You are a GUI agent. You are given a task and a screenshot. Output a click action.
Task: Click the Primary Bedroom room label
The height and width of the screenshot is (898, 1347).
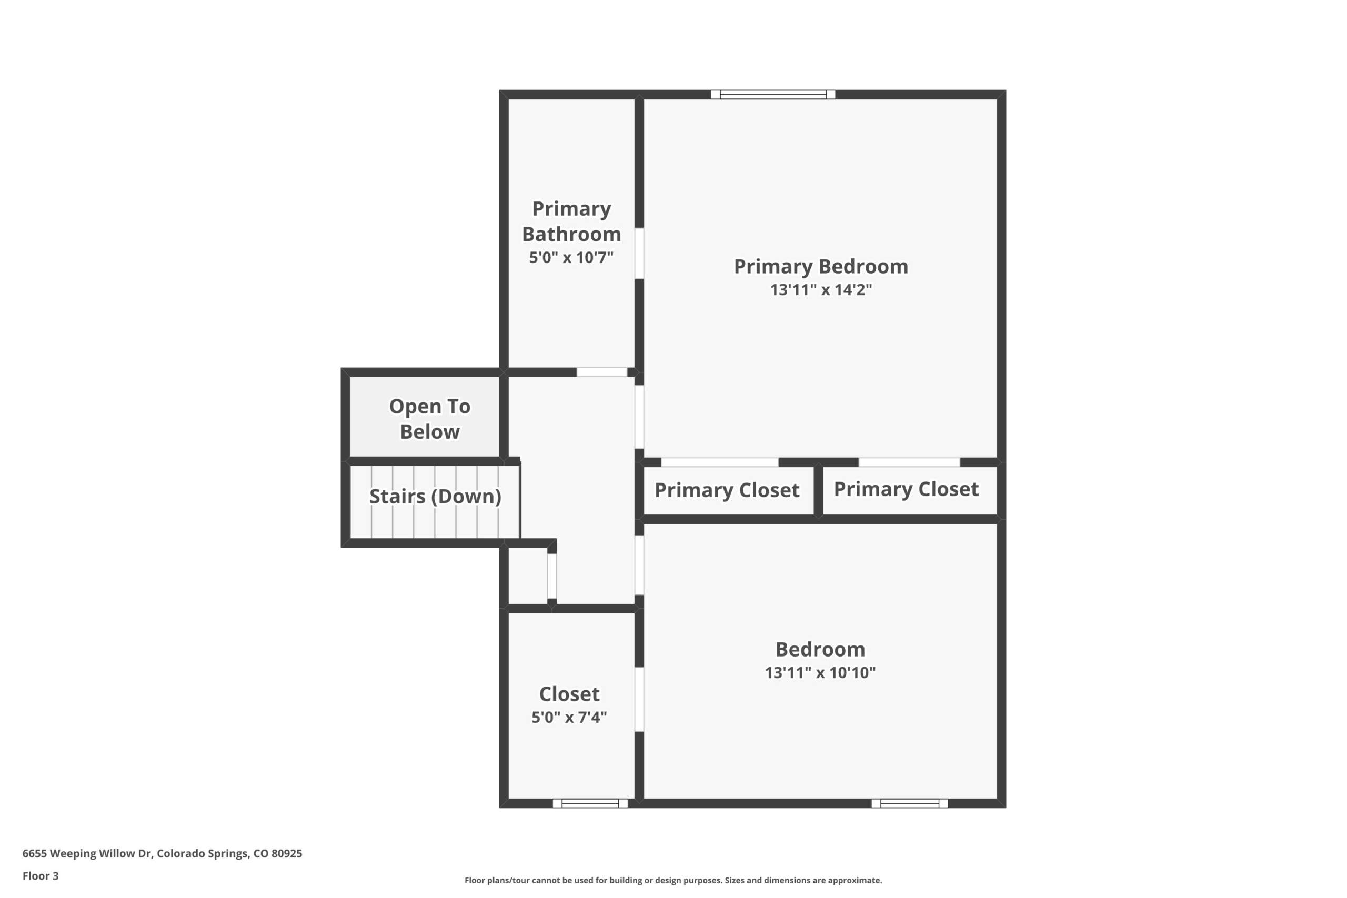(821, 267)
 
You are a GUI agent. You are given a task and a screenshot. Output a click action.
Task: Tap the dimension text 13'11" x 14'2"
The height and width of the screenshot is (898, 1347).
(821, 290)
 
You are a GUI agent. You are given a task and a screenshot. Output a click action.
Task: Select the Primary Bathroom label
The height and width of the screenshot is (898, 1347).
(571, 221)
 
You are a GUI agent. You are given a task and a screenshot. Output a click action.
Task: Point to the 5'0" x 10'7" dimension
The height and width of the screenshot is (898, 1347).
(571, 257)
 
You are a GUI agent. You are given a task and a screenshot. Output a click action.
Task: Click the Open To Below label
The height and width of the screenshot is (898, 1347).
(429, 419)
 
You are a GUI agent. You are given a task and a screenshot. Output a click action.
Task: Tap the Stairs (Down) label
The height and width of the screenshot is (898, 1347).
(435, 497)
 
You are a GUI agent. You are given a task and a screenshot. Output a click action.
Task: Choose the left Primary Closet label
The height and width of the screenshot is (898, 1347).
(727, 490)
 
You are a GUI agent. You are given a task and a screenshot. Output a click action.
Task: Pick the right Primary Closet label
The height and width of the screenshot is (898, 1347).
(906, 489)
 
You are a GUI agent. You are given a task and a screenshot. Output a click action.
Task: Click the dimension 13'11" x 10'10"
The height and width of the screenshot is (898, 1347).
(820, 672)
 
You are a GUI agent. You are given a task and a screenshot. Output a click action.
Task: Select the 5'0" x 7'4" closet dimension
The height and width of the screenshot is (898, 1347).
(569, 717)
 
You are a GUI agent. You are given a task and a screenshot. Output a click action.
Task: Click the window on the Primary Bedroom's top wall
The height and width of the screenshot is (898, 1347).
(773, 95)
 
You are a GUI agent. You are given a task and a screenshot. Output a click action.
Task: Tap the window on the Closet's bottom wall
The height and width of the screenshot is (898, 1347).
(590, 803)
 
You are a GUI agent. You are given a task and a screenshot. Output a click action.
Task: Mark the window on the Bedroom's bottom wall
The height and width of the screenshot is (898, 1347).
(909, 803)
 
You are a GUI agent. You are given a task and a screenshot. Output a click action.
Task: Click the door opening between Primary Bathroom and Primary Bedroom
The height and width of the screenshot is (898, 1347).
(639, 254)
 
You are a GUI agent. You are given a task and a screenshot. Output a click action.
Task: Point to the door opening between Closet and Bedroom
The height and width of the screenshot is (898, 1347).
(639, 699)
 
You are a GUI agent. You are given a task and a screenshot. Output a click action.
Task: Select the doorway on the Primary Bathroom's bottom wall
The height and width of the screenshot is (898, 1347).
(602, 372)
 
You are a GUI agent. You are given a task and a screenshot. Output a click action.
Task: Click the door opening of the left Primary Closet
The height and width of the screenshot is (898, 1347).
(720, 462)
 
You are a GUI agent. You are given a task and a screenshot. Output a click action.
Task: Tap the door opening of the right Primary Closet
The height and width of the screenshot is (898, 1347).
(909, 462)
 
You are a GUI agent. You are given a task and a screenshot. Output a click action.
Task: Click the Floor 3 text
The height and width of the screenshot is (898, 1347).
(41, 876)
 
